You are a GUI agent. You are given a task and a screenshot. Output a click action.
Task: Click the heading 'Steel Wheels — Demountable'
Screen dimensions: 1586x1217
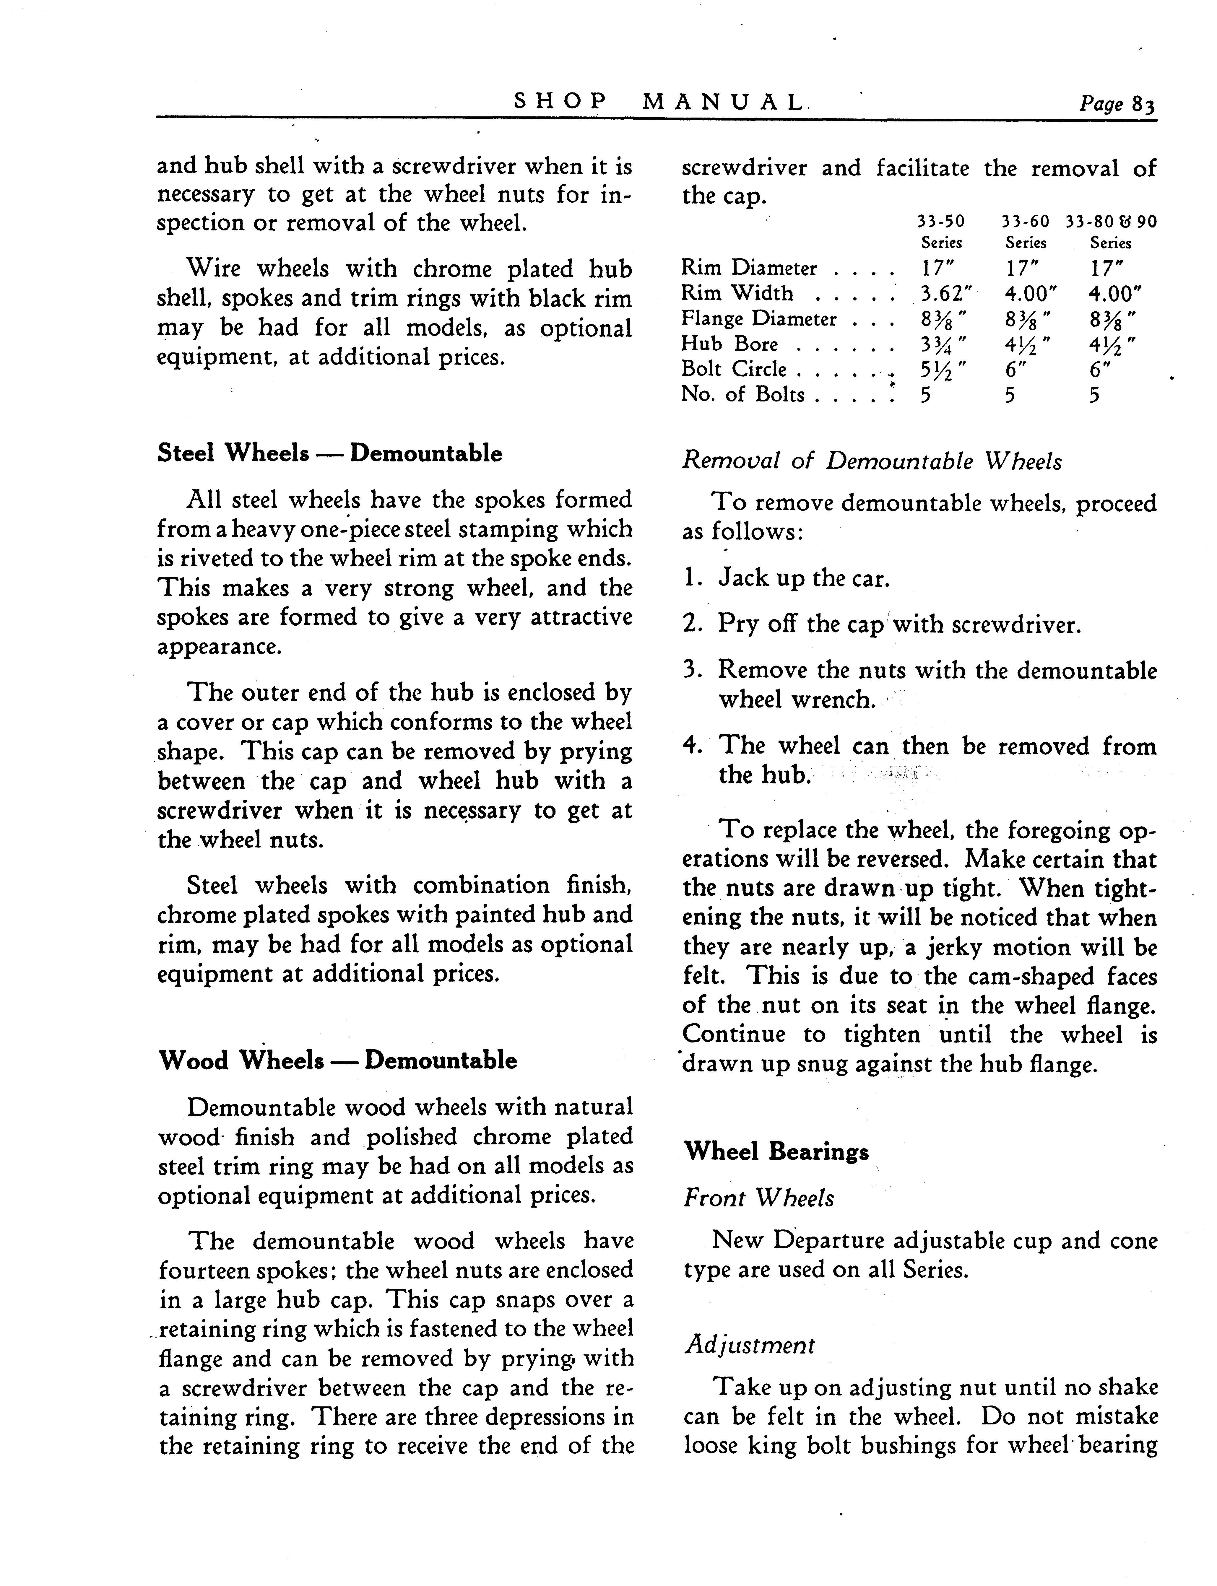click(330, 453)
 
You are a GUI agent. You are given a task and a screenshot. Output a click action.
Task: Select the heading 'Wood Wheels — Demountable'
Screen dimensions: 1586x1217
click(338, 1060)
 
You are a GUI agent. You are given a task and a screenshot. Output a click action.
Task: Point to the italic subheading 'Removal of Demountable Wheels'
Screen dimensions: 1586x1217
click(871, 461)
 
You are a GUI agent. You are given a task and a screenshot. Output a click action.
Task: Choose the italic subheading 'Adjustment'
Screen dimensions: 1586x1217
click(750, 1346)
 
